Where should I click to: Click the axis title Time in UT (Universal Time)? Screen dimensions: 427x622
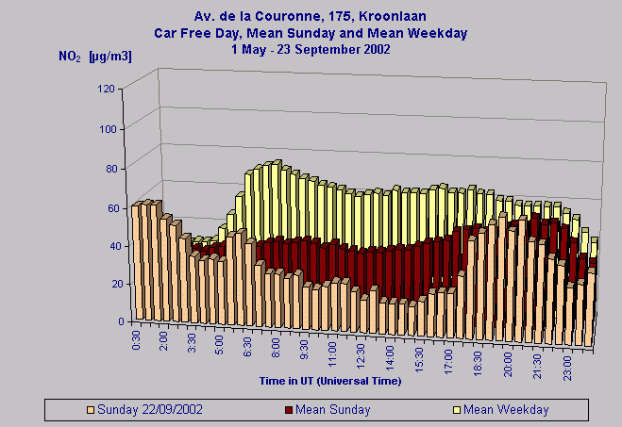point(330,381)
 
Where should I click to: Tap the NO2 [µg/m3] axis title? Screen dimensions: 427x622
point(95,57)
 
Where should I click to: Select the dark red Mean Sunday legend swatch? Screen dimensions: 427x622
point(288,410)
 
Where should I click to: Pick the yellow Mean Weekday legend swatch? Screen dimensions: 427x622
point(456,410)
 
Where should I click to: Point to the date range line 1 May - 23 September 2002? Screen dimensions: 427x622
point(311,48)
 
